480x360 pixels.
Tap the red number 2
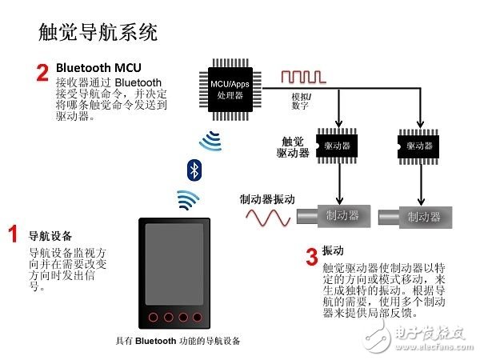coord(43,73)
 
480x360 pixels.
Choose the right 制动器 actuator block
coord(421,216)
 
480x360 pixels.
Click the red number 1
coord(14,234)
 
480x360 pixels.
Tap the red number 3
coord(312,257)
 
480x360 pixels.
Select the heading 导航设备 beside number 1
coord(50,237)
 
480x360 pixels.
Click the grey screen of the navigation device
coord(174,263)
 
